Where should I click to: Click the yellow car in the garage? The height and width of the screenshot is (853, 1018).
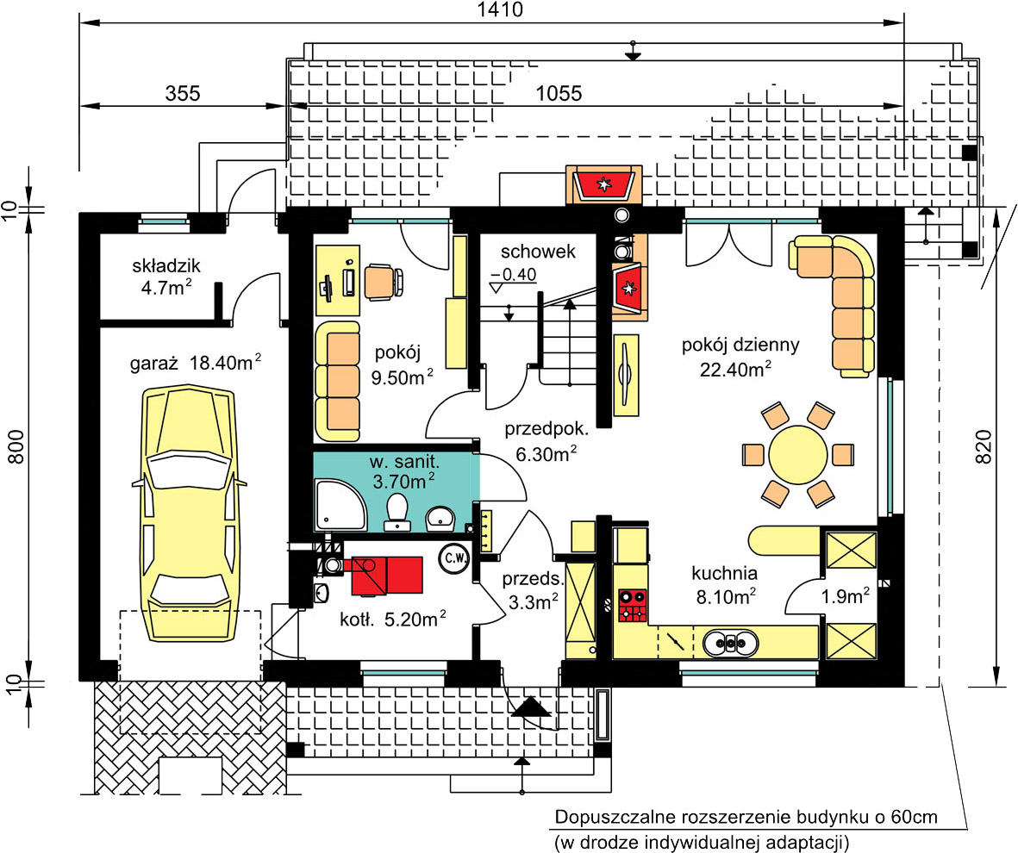pos(188,513)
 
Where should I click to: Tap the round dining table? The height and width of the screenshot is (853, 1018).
pos(798,454)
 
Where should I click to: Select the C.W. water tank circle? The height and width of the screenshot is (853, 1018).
pos(454,557)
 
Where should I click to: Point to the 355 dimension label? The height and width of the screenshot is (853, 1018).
pos(183,93)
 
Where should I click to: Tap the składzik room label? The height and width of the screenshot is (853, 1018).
pos(167,265)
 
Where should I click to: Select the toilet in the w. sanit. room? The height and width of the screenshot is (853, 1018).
pos(397,512)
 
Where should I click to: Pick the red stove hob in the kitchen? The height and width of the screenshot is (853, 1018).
pos(632,605)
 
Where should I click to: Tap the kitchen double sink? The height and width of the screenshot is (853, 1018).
pos(730,643)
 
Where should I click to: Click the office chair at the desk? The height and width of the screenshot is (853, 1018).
pos(383,282)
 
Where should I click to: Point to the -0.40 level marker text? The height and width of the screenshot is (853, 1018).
pos(514,274)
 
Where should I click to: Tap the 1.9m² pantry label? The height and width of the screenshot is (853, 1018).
pos(846,596)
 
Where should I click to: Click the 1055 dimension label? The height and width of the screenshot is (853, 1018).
pos(559,93)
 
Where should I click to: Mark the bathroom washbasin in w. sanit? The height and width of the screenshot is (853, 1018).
pos(441,517)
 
